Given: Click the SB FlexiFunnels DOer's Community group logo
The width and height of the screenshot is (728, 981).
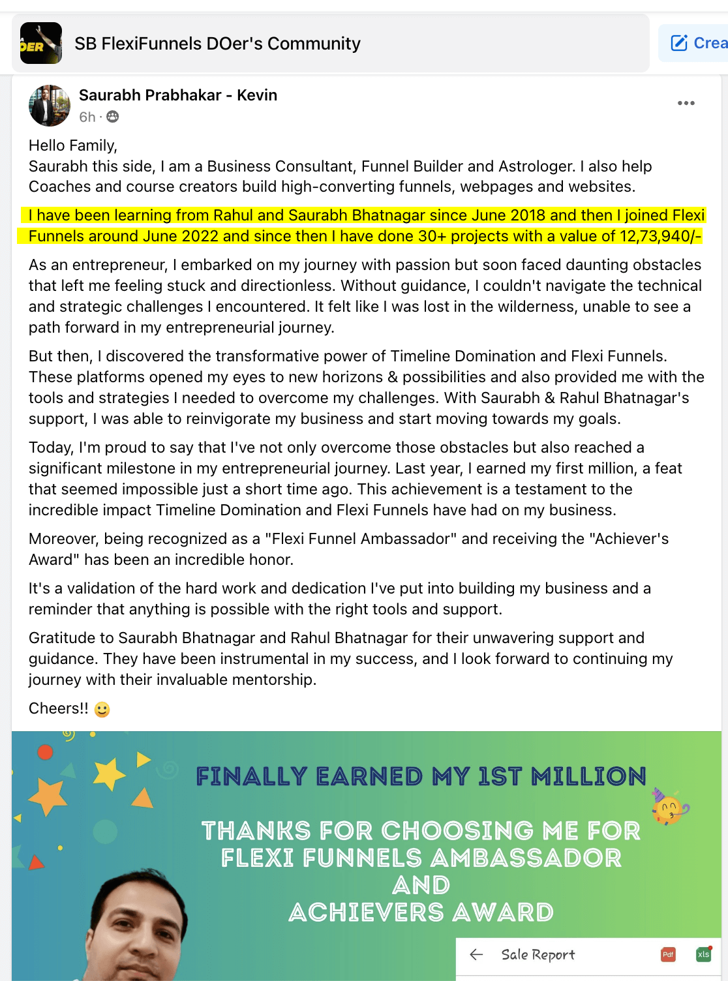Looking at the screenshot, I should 41,43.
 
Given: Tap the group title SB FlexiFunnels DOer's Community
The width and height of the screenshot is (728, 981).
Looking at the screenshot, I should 217,44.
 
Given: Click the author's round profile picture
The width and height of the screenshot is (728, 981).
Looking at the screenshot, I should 50,105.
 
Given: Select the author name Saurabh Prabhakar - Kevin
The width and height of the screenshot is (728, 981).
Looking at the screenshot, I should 178,95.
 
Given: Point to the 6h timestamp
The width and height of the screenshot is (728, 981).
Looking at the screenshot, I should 87,117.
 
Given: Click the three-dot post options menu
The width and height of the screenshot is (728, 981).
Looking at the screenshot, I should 686,103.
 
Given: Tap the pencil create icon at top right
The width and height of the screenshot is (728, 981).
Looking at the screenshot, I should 679,43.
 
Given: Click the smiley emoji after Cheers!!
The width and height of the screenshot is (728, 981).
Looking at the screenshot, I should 102,709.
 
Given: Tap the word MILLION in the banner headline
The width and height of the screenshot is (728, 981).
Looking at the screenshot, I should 588,776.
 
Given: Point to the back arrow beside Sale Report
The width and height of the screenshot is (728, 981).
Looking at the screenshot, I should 476,955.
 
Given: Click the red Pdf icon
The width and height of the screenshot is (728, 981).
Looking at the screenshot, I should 668,955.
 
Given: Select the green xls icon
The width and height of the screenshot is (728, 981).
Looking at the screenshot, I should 703,955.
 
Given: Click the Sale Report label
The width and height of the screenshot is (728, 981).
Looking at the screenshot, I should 538,955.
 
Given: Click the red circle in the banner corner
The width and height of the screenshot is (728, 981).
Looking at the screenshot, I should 45,752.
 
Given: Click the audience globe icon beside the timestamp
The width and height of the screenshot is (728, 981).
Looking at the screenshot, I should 113,117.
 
